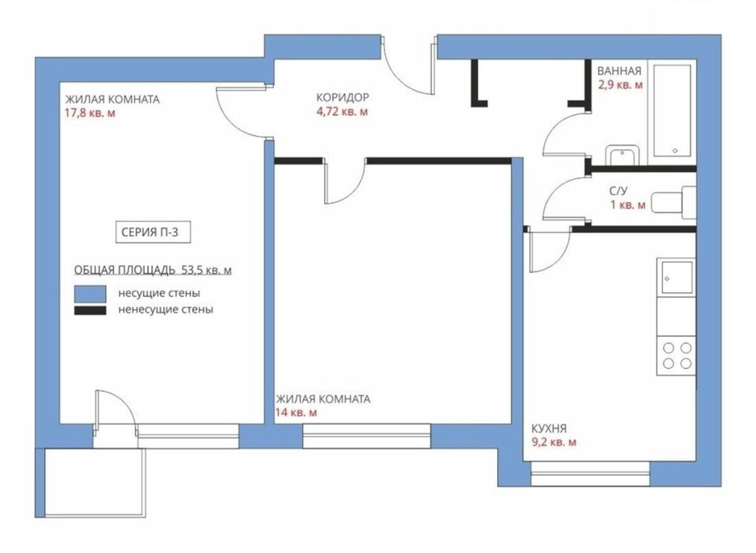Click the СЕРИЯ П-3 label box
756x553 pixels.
[153, 232]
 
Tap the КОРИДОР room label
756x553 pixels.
[343, 97]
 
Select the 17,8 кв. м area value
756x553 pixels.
[90, 113]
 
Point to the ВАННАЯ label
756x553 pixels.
[619, 71]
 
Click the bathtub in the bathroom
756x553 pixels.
[672, 111]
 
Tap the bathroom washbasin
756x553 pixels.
[622, 155]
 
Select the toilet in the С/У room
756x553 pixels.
[673, 202]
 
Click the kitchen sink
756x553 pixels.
[677, 277]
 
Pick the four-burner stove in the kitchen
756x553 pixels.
[676, 356]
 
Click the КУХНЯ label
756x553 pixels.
[549, 428]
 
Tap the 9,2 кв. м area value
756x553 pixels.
[554, 442]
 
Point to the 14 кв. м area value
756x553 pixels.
[296, 412]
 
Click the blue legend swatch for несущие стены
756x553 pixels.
[90, 294]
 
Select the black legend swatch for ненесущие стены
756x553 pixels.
[90, 310]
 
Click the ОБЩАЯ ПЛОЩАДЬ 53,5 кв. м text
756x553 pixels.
[153, 271]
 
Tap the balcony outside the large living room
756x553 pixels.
[91, 483]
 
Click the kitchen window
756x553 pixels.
[590, 474]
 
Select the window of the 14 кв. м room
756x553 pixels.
[367, 436]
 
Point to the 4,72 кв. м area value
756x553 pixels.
[342, 111]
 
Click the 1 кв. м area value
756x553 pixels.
[627, 205]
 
